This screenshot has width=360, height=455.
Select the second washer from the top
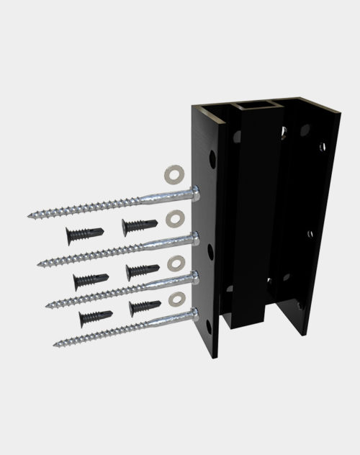[174, 217]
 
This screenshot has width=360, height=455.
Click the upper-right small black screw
[140, 226]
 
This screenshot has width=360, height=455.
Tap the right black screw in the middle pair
[143, 271]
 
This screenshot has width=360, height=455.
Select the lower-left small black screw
[95, 317]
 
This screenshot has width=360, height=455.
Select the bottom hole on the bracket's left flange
[210, 326]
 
